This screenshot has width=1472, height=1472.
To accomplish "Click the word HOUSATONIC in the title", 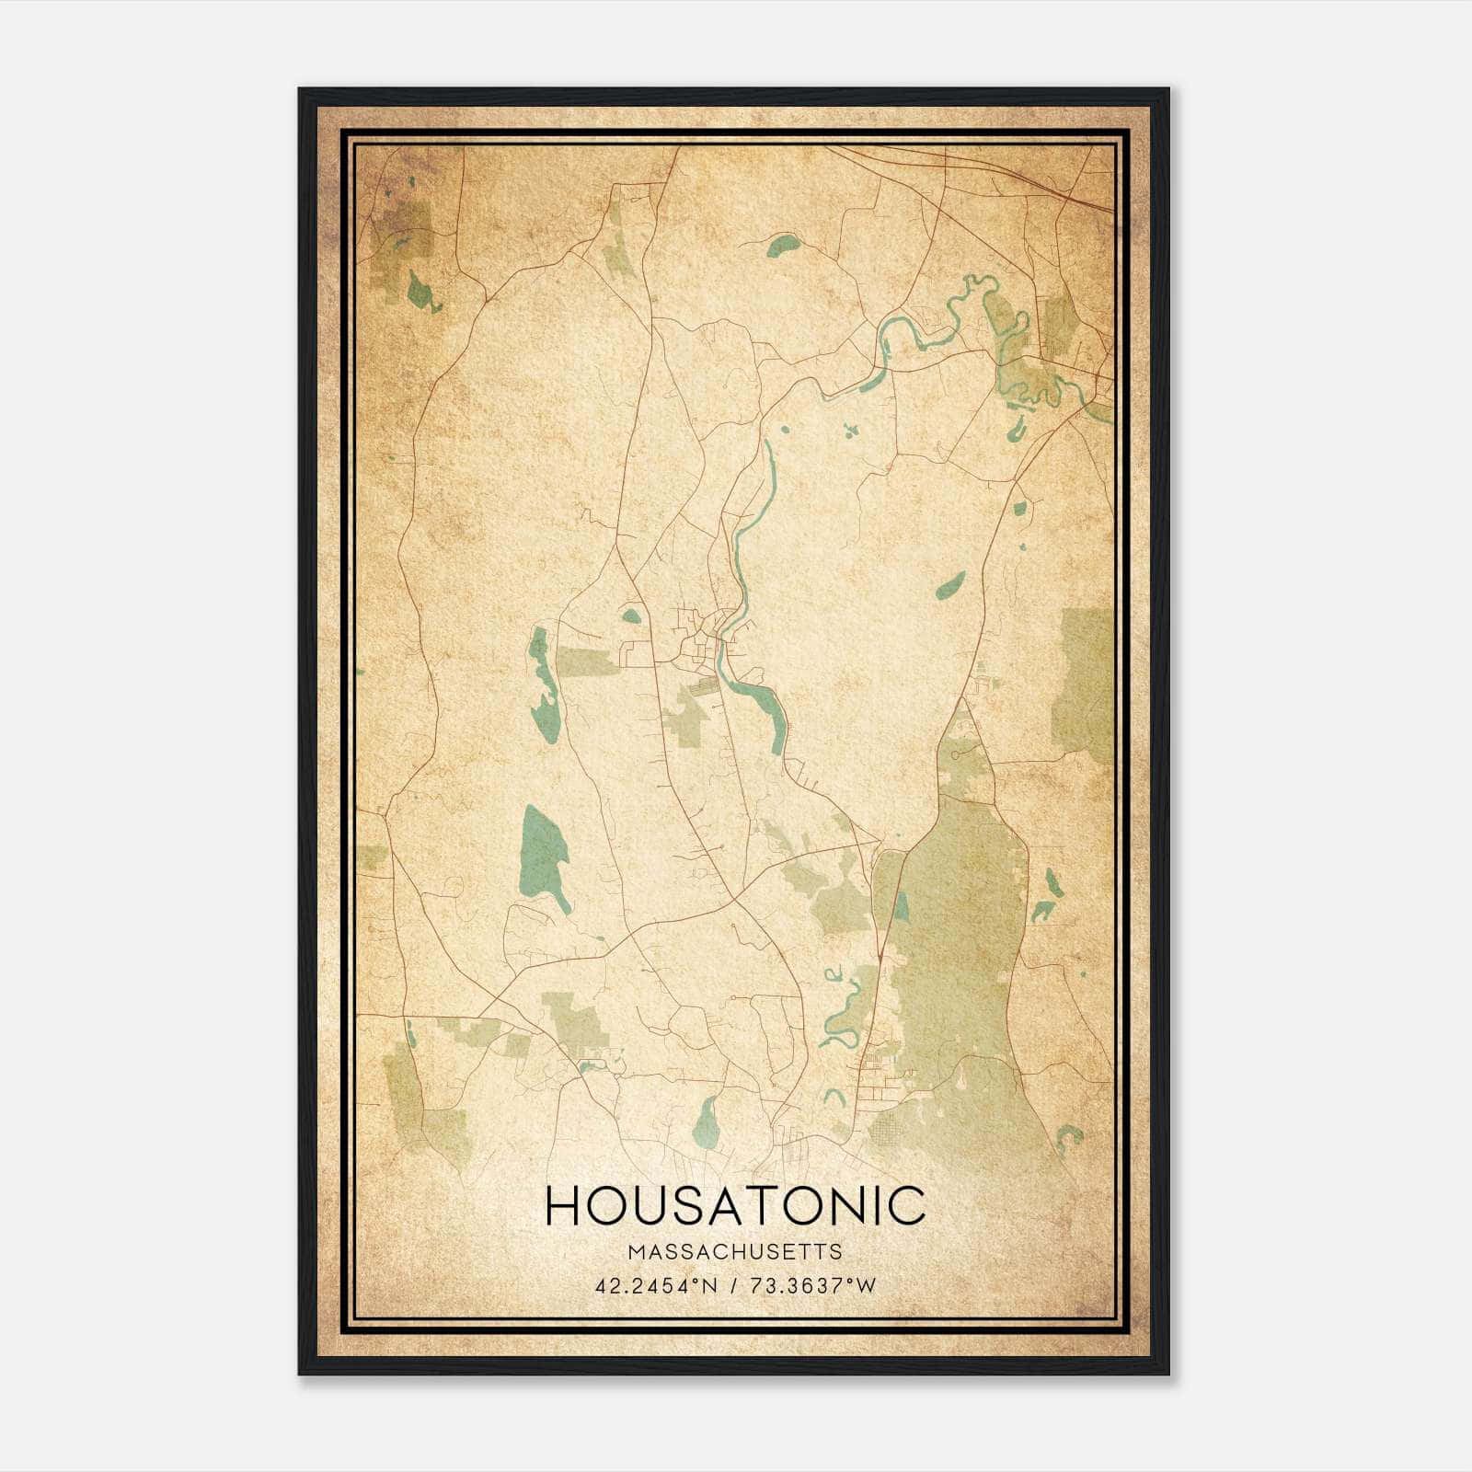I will click(735, 1205).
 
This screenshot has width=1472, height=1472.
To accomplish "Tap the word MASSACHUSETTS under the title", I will click(734, 1252).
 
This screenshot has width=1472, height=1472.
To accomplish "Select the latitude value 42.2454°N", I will click(656, 1286).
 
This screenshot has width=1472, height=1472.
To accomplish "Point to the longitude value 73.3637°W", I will click(814, 1286).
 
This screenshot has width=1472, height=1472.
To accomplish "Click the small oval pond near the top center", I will click(783, 245).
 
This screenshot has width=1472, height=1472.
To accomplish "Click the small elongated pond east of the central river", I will click(950, 585).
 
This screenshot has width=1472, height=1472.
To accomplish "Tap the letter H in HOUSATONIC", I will click(562, 1205).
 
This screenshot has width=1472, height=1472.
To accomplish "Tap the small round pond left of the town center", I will click(631, 615).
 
